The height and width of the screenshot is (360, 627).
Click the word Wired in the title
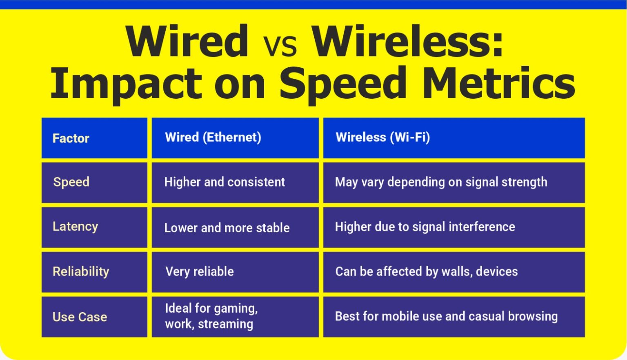click(x=187, y=42)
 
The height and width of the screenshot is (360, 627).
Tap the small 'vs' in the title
click(x=280, y=46)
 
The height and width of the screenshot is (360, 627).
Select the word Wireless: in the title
click(x=407, y=42)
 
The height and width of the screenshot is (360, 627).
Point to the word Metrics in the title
click(x=498, y=84)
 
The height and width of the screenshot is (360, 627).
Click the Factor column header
click(x=71, y=138)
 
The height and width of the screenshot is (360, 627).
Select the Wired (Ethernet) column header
click(x=213, y=137)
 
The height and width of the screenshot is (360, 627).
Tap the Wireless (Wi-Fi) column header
click(x=382, y=137)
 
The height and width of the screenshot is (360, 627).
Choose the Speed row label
click(x=71, y=182)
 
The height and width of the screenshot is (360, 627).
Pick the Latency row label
click(x=76, y=227)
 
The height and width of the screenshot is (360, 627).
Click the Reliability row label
click(x=81, y=271)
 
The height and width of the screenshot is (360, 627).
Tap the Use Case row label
click(x=80, y=317)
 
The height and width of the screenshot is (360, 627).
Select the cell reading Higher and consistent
click(x=225, y=182)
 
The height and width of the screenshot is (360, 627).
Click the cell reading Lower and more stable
click(x=227, y=228)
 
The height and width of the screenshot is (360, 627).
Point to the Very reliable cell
click(x=200, y=271)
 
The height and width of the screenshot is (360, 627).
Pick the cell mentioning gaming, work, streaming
click(x=211, y=316)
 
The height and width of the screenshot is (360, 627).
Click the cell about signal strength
click(x=441, y=182)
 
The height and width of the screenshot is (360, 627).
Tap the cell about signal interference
click(x=425, y=227)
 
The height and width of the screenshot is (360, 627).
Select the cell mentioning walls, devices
click(x=427, y=271)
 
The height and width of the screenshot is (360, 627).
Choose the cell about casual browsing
click(x=446, y=316)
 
